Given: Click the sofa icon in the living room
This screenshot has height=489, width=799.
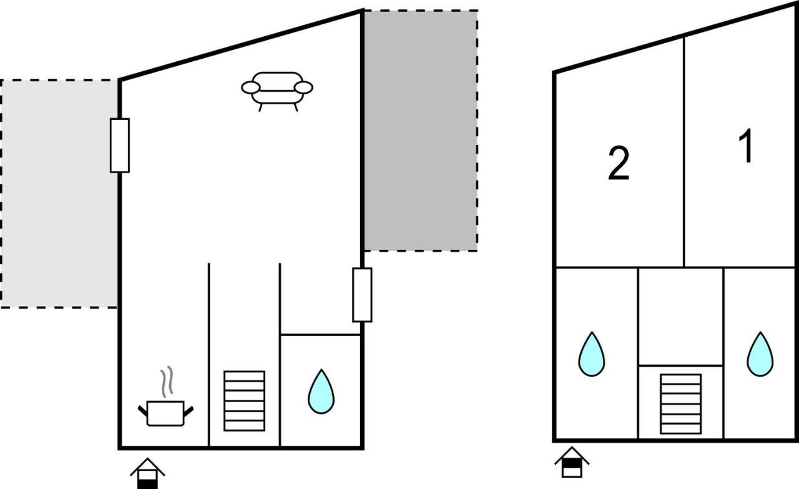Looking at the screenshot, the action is (x=277, y=91).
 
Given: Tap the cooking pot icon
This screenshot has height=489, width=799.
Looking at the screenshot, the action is (x=165, y=413).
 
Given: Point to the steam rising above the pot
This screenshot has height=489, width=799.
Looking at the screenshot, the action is (x=167, y=382).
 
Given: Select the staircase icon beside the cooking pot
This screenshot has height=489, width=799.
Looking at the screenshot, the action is (x=244, y=401).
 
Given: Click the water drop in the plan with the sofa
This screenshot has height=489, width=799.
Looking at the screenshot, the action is (x=321, y=392).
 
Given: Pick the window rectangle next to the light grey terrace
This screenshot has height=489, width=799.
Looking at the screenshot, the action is (x=120, y=146).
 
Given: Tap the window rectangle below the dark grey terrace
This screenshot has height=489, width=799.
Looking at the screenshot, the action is (x=363, y=295).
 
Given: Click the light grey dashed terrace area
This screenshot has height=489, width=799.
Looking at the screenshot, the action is (x=59, y=194).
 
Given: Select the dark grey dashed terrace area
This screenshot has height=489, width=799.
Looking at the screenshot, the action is (x=421, y=131).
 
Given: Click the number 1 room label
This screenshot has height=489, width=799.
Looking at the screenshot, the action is (x=745, y=146).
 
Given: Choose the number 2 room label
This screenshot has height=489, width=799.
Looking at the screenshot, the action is (x=619, y=163).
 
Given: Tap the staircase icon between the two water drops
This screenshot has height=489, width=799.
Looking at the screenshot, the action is (x=681, y=404).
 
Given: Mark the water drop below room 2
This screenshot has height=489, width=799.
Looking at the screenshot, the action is (x=591, y=355).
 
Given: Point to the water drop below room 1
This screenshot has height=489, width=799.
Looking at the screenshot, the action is (x=760, y=355).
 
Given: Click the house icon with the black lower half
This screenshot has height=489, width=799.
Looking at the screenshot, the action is (x=147, y=473).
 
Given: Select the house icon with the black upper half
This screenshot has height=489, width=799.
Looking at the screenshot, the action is (x=572, y=462).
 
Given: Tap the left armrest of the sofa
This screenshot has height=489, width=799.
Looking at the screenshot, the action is (x=250, y=87).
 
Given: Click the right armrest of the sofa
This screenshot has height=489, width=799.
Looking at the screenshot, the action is (x=303, y=87).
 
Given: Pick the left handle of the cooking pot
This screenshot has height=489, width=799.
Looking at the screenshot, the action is (x=143, y=411).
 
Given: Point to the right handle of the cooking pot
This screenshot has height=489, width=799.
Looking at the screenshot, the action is (x=189, y=411).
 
